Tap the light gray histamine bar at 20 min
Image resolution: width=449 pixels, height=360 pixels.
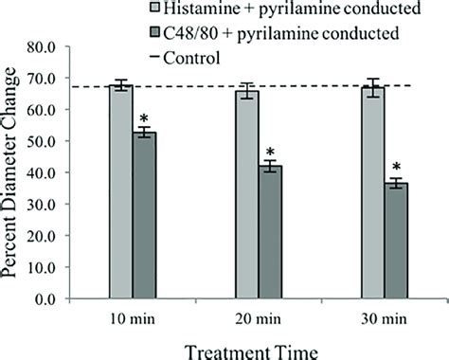point(246,195)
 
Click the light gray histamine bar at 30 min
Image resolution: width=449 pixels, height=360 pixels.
point(372,193)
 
